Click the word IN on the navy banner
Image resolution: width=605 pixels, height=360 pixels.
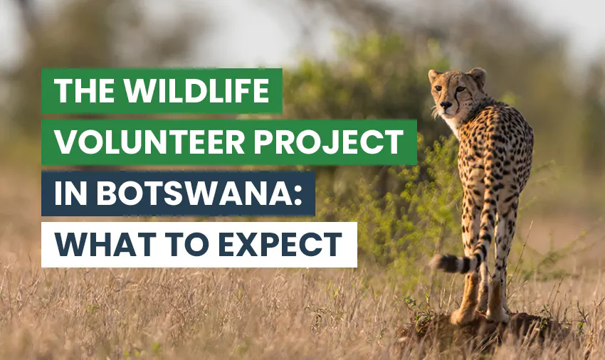point(68,193)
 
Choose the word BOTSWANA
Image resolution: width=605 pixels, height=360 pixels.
point(186,193)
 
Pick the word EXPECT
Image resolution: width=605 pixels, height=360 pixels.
point(282,244)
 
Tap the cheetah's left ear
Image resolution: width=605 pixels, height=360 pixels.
point(433,75)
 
